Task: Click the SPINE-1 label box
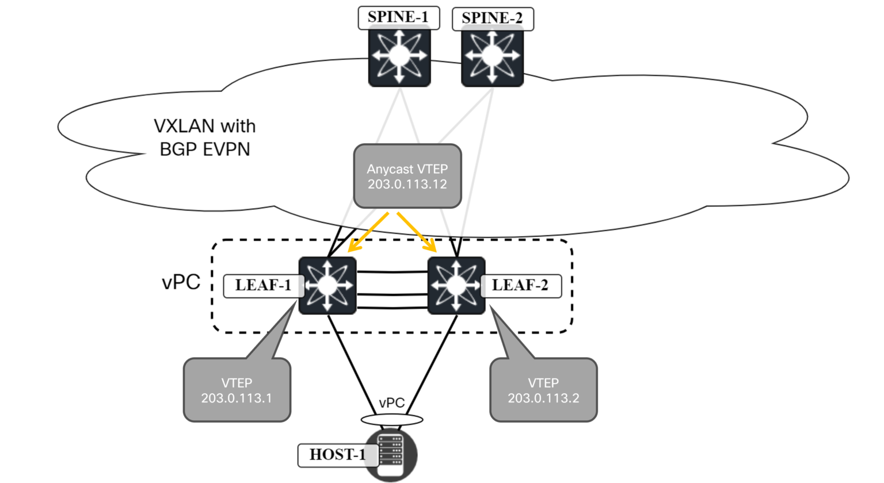pos(398,17)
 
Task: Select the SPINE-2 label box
pos(492,18)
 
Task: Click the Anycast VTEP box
pos(407,176)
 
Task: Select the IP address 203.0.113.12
pos(407,185)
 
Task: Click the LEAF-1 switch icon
pos(327,286)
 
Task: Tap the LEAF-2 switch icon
pos(456,286)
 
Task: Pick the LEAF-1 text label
pos(263,286)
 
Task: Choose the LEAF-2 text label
pos(520,286)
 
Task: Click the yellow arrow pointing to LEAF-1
pos(368,232)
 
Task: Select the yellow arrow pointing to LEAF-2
pos(417,232)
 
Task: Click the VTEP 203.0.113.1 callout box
pos(237,390)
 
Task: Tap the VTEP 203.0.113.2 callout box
pos(543,390)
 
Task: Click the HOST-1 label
pos(337,455)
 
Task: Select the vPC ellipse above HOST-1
pos(391,420)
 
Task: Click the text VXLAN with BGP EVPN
pos(205,137)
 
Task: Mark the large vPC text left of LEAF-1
pos(181,282)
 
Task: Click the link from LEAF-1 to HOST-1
pos(349,362)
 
